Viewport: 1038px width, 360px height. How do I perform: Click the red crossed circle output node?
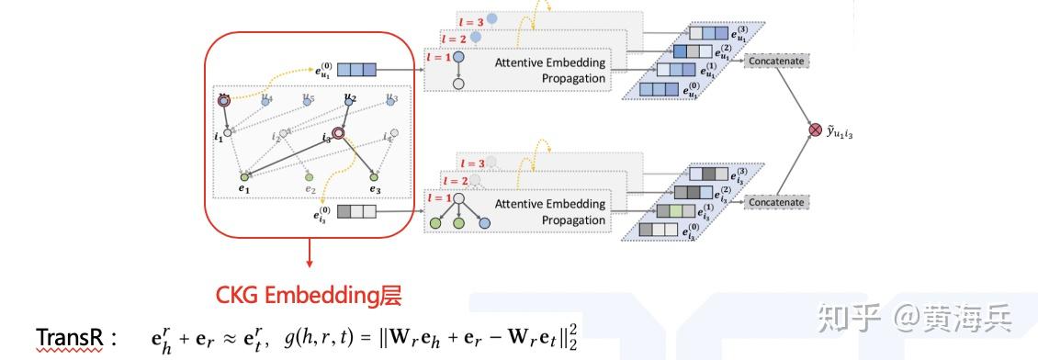click(813, 130)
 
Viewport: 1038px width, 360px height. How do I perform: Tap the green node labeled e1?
click(243, 175)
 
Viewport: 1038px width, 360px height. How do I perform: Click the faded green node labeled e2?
click(310, 176)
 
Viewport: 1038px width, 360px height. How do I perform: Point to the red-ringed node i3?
click(338, 134)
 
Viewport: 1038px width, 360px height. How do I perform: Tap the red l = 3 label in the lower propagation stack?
click(472, 163)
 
